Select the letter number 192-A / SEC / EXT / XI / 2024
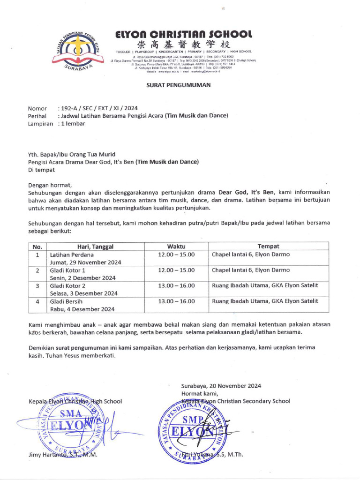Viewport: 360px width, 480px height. [99, 108]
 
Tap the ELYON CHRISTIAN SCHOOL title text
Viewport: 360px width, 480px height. [184, 34]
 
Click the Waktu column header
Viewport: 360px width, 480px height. [176, 246]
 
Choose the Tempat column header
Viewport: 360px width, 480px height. [269, 246]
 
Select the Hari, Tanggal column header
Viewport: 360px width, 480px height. [95, 246]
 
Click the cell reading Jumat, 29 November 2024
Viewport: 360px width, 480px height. [86, 262]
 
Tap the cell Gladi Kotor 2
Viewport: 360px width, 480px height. [68, 286]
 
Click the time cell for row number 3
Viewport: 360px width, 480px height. [176, 286]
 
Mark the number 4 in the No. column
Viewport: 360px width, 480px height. [37, 301]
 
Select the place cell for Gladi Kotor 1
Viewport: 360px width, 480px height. [251, 270]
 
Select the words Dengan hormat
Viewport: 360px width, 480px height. [50, 185]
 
